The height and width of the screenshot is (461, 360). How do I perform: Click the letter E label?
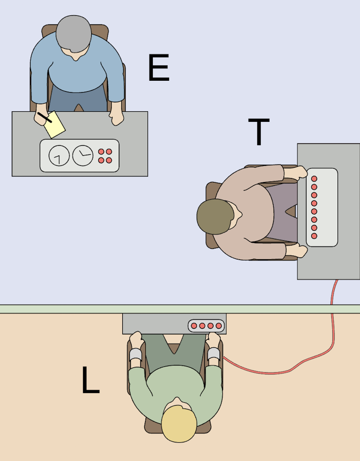click(159, 68)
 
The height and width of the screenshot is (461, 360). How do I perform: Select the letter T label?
click(259, 132)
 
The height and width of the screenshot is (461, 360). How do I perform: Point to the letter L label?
click(91, 380)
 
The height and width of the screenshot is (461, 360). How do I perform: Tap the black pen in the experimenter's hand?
click(45, 118)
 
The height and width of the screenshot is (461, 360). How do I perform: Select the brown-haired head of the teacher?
click(215, 216)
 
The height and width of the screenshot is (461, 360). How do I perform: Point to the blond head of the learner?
click(179, 423)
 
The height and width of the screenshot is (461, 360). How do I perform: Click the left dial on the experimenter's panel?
click(59, 156)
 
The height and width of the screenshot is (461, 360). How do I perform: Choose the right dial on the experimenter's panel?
click(83, 156)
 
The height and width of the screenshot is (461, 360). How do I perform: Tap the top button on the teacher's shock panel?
click(314, 179)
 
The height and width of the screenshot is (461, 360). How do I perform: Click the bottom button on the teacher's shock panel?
click(314, 236)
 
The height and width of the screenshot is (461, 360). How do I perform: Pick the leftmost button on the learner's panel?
click(194, 326)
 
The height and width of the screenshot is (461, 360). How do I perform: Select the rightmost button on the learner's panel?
click(219, 326)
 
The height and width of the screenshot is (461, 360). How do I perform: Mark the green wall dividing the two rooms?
click(180, 309)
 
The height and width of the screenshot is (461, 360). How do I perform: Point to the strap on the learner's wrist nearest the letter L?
click(136, 355)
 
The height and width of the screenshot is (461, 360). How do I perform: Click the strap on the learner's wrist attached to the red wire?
click(213, 354)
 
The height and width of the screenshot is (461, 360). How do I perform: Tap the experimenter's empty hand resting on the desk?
click(116, 118)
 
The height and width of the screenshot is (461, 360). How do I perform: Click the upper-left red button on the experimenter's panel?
click(101, 152)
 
